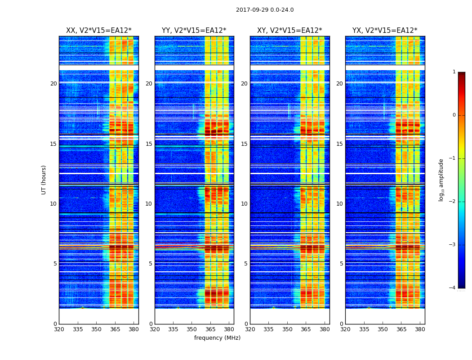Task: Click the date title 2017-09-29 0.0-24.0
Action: click(265, 10)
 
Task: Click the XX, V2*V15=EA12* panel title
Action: click(98, 31)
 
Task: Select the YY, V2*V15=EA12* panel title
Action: click(194, 31)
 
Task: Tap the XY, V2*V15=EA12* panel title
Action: click(289, 31)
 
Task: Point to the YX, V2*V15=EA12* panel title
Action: click(385, 31)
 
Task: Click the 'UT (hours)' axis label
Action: click(44, 180)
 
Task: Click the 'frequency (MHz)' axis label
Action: click(217, 338)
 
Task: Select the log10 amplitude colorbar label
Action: click(441, 180)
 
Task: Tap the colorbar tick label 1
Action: click(454, 72)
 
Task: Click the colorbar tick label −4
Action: click(453, 288)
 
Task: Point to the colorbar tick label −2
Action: click(453, 202)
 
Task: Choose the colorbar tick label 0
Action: click(454, 115)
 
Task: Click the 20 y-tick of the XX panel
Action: click(53, 84)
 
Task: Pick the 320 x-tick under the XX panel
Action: click(59, 329)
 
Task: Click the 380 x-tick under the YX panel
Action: click(420, 329)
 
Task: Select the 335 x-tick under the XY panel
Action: click(269, 329)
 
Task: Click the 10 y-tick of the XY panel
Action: click(244, 204)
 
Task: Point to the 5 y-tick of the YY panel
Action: click(151, 264)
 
